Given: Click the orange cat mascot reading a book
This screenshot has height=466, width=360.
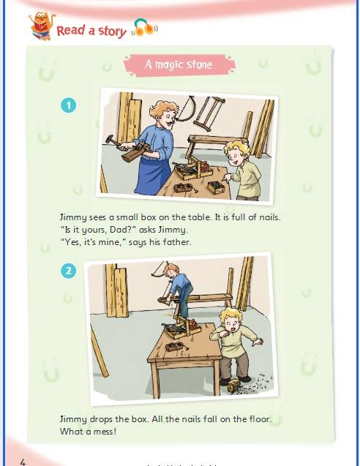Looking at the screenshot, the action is pyautogui.click(x=42, y=26).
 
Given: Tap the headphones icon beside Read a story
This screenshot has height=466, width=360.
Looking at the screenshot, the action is pyautogui.click(x=145, y=28).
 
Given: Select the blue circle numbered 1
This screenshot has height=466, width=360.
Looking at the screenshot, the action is pyautogui.click(x=68, y=105).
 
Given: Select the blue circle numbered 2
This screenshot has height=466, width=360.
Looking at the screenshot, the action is pyautogui.click(x=68, y=271).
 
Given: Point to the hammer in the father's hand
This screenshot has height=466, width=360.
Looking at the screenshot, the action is pyautogui.click(x=113, y=141).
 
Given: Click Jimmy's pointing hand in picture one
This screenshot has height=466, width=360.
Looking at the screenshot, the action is pyautogui.click(x=228, y=178).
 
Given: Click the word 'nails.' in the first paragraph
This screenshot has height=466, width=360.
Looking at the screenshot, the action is pyautogui.click(x=269, y=217).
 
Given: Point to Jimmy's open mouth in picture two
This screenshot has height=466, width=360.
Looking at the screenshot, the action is pyautogui.click(x=234, y=328).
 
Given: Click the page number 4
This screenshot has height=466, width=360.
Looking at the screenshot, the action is pyautogui.click(x=23, y=462).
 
